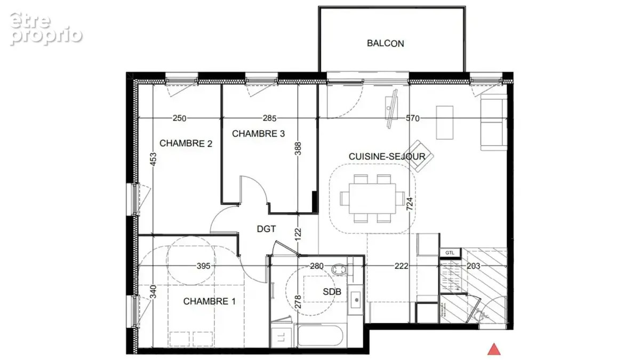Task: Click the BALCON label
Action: [386, 43]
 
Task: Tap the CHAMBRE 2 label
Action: [186, 143]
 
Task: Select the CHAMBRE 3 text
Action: [258, 134]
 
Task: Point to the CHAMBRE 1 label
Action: [210, 301]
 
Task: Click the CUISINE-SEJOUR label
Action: [387, 157]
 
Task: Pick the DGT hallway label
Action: [266, 229]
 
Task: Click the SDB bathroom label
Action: [332, 292]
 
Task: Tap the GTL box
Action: [450, 253]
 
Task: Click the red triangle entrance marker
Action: [494, 349]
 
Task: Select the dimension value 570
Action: [413, 118]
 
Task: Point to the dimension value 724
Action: [410, 204]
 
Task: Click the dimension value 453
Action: [154, 159]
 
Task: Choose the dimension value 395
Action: [203, 266]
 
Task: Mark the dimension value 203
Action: [474, 266]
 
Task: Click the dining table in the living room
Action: [372, 198]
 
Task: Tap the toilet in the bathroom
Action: [340, 269]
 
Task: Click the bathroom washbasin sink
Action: [356, 300]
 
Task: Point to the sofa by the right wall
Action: [494, 122]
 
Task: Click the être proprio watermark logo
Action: [46, 29]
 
